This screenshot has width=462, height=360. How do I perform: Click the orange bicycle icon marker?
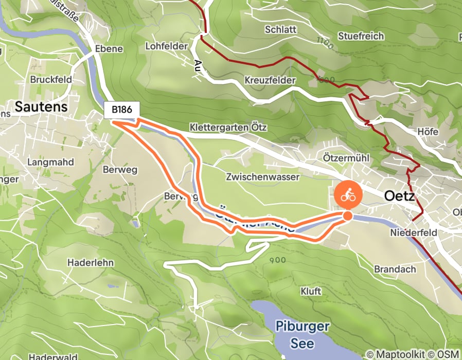348,195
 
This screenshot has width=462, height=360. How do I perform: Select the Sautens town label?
41,106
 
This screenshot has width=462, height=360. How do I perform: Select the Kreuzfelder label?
270,81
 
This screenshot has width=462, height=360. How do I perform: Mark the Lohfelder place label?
166,46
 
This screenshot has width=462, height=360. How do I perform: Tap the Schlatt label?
280,29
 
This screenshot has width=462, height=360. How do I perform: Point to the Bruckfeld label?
51,80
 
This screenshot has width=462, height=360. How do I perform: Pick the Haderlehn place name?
90,262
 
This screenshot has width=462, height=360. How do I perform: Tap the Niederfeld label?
414,233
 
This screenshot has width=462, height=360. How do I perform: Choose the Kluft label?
311,292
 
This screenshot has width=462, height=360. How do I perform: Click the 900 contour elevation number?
277,260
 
